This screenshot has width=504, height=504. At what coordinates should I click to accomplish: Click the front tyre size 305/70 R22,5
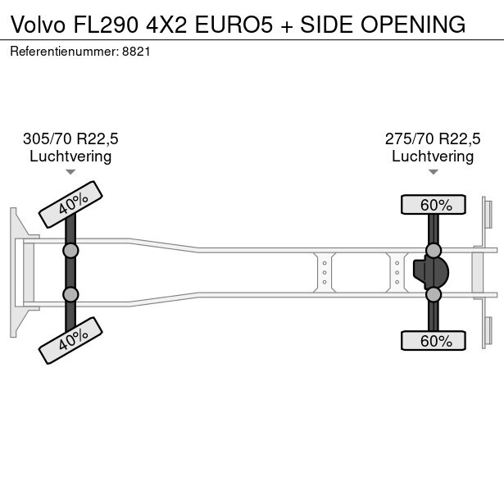(x=70, y=138)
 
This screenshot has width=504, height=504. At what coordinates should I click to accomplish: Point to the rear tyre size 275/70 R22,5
(x=433, y=138)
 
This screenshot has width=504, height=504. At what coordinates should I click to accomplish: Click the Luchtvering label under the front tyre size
(x=70, y=156)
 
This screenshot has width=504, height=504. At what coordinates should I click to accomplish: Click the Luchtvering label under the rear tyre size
(x=433, y=156)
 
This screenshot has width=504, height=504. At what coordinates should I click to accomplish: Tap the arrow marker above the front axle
(x=70, y=172)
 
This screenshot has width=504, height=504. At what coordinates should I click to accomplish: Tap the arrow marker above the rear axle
(x=433, y=172)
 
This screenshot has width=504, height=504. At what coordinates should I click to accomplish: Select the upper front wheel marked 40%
(x=70, y=204)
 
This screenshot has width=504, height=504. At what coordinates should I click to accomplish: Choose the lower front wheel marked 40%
(x=70, y=340)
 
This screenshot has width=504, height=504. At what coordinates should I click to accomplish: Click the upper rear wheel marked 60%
(x=433, y=205)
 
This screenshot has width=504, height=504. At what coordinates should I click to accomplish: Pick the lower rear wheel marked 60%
(x=433, y=340)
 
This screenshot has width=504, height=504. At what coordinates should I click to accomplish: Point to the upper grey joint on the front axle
(x=70, y=250)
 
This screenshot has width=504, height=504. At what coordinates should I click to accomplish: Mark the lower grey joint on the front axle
(x=70, y=294)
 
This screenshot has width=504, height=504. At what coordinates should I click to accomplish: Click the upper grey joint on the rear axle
(x=434, y=250)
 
